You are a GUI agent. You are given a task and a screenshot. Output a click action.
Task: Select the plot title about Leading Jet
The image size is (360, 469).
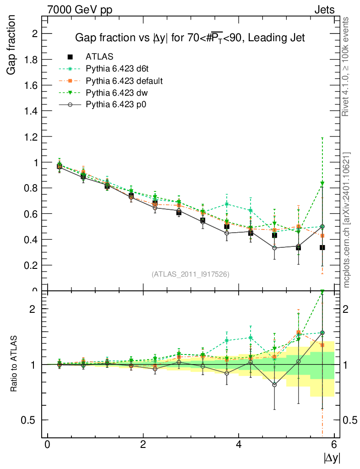190,38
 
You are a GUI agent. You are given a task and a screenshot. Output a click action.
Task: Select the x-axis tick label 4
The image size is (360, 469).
239,445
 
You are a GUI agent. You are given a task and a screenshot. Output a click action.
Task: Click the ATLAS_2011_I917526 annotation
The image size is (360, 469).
191,274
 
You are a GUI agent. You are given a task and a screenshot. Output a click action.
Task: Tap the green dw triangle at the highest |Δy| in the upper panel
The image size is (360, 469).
322,184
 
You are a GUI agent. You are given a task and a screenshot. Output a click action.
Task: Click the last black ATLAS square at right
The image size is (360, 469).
322,247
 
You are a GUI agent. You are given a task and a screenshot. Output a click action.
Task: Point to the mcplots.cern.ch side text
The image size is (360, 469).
347,220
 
